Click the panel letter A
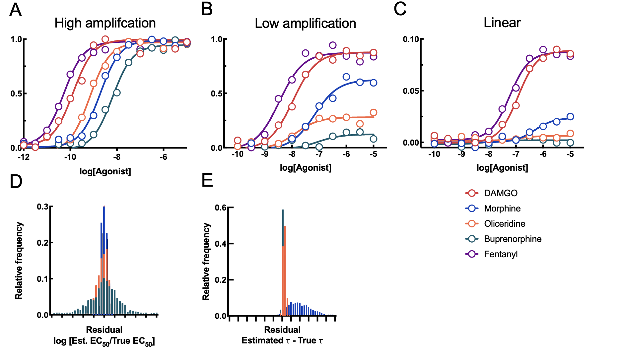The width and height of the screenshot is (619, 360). click(15, 10)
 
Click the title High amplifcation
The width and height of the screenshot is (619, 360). click(105, 23)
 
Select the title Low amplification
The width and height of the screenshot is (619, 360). click(305, 24)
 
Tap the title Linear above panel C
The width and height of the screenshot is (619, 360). click(502, 23)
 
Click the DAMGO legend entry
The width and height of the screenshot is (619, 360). click(500, 193)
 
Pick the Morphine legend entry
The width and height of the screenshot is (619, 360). click(502, 208)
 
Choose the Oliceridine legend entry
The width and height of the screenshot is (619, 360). click(504, 223)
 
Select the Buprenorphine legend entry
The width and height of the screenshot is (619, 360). click(512, 239)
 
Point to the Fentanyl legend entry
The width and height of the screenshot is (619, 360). click(501, 254)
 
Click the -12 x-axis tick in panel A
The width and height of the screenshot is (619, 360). click(23, 157)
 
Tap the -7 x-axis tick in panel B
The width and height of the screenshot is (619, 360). click(318, 154)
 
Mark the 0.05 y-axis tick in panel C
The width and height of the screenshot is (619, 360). click(411, 91)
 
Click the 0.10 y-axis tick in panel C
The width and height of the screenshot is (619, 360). click(411, 39)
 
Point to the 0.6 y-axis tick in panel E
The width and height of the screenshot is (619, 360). click(221, 208)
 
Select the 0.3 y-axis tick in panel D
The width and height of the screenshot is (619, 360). click(43, 207)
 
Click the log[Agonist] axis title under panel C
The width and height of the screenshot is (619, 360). click(502, 168)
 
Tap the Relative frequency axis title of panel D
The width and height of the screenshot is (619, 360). click(19, 261)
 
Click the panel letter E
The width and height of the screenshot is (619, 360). click(207, 181)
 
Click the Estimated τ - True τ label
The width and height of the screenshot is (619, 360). click(282, 340)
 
